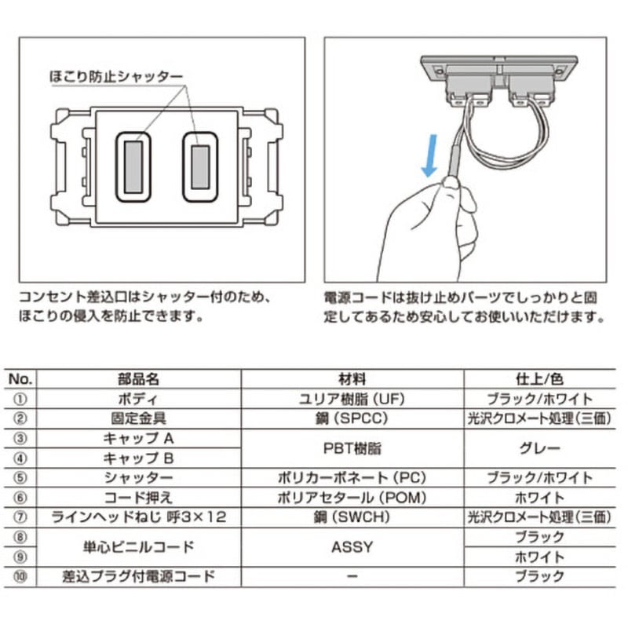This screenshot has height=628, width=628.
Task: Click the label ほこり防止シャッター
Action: point(115,77)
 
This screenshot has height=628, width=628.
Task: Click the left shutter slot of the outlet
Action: point(133,166)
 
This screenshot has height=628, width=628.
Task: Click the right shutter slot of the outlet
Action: point(200,166)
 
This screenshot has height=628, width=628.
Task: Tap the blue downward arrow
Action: point(429,155)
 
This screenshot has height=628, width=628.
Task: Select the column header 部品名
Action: point(138,378)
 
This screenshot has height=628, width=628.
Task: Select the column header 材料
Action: point(353,378)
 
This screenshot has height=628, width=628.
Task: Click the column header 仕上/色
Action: point(538,378)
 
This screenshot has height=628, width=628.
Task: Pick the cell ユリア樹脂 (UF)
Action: point(353,399)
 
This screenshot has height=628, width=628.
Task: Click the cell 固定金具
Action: point(138,418)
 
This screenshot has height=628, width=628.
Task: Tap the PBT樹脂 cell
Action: point(353,448)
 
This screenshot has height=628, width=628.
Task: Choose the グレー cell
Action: point(538,448)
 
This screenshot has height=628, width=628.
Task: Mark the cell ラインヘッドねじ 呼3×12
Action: point(138,517)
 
